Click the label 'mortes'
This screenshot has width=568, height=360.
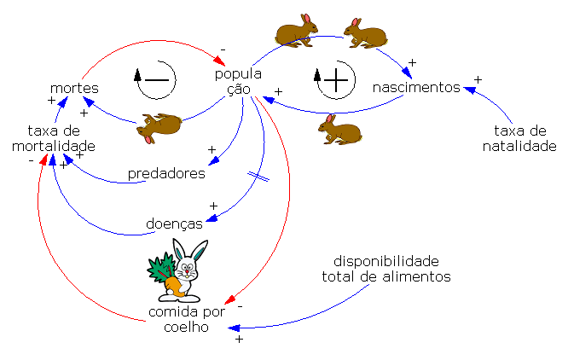point(74,88)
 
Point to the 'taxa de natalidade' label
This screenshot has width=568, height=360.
point(520,138)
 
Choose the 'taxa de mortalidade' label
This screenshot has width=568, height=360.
point(53,138)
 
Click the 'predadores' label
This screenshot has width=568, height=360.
point(166,173)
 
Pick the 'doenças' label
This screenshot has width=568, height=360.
point(174,224)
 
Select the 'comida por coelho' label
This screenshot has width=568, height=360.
point(186,320)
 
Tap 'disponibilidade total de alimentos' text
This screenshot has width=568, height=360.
point(385,268)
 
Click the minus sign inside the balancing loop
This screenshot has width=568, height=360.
point(158,79)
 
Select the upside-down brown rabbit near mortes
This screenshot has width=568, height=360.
point(161,126)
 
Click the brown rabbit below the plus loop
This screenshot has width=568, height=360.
point(339,129)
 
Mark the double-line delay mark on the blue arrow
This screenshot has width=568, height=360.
point(258,176)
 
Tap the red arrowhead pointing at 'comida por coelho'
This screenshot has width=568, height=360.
point(229,300)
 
